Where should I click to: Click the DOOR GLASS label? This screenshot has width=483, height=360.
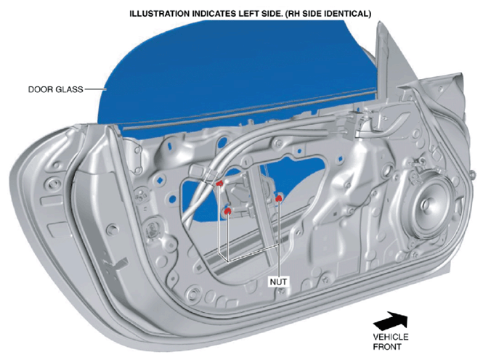(56, 89)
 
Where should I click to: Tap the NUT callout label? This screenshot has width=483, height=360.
(278, 282)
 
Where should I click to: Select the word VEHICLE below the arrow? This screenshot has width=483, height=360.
(391, 337)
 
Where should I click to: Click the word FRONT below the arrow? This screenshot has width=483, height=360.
(387, 347)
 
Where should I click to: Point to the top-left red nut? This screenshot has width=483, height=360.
(219, 184)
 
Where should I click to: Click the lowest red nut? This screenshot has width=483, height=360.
(227, 210)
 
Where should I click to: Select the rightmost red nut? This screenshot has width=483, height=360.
(278, 198)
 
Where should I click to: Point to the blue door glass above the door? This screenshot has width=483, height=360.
(234, 67)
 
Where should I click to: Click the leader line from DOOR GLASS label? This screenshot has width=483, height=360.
(95, 89)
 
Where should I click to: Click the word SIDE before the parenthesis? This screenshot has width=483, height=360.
(271, 14)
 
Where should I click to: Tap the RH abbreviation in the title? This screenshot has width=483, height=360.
(293, 14)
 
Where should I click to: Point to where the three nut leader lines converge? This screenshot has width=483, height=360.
(228, 261)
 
